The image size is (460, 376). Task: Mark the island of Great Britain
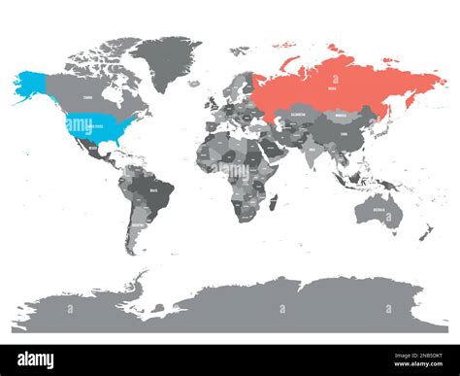pyautogui.click(x=211, y=100)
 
